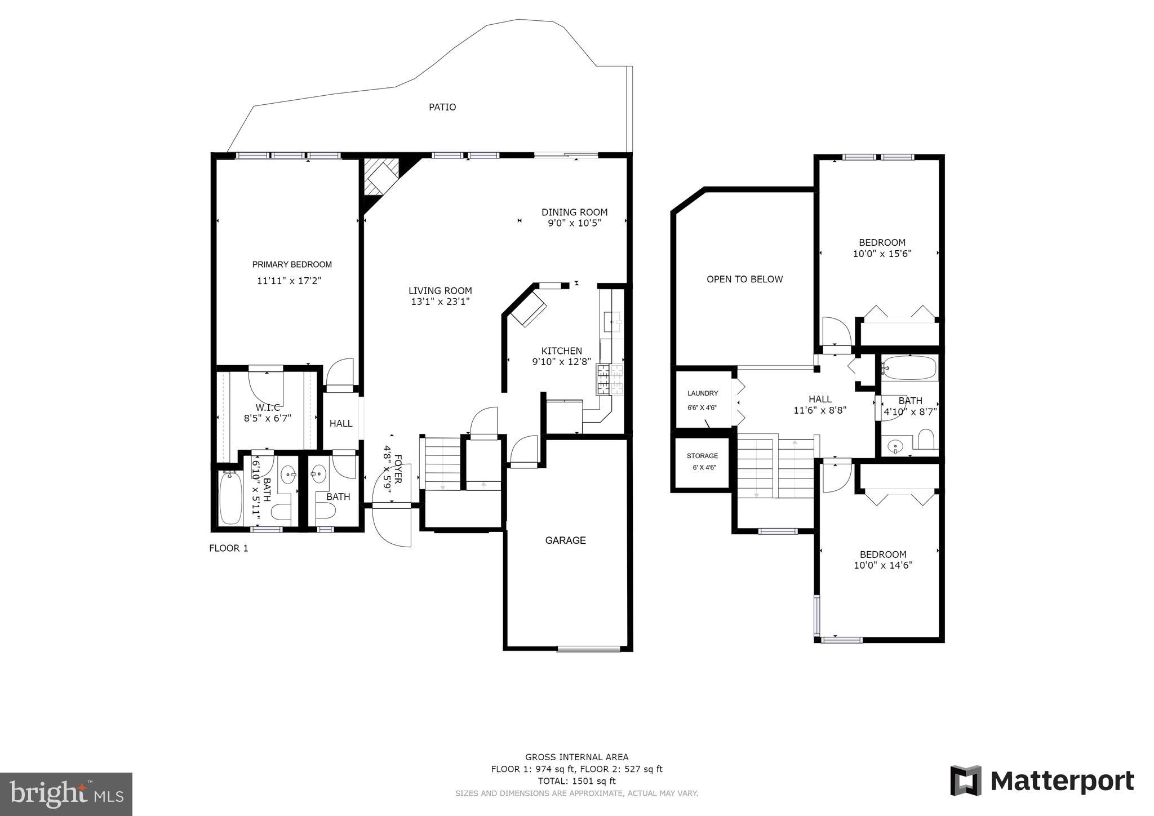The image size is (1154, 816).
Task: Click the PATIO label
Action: (442, 107)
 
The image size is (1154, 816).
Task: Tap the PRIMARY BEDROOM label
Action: (292, 264)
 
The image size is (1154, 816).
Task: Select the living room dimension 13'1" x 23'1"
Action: (440, 301)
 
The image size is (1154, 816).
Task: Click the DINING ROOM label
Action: (575, 212)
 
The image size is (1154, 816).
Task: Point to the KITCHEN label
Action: (562, 351)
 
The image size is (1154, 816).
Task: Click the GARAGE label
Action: (565, 540)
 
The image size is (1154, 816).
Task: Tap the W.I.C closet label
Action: (268, 407)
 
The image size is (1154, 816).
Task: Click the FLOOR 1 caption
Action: (229, 548)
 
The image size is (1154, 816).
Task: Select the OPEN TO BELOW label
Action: (745, 279)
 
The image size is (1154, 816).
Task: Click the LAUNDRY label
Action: (703, 393)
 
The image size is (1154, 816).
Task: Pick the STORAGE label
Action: (702, 456)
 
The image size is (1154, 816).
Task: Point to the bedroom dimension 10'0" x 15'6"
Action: (882, 254)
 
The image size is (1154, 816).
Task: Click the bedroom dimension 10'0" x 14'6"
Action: (883, 565)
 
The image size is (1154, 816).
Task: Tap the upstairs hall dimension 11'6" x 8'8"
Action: (820, 410)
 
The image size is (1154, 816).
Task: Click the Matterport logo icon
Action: (966, 780)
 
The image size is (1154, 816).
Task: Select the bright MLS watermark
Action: (66, 794)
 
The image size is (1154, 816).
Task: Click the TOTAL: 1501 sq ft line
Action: (576, 781)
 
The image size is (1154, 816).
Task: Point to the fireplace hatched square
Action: (381, 177)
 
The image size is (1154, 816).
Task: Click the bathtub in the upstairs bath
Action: (909, 369)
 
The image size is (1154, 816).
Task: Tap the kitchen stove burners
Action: (610, 379)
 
